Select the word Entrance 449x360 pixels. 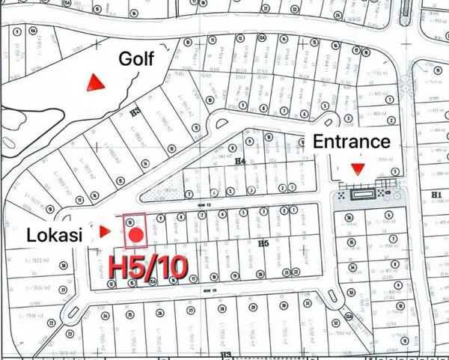coord(351,141)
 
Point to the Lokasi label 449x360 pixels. coord(55,233)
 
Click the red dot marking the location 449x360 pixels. coord(135,236)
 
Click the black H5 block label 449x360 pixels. coord(263,244)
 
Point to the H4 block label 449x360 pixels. coord(240,160)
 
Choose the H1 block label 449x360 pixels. coord(437,195)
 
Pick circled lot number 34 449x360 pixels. coord(349,259)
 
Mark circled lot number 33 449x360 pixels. coord(349,278)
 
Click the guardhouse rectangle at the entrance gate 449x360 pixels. coord(364,193)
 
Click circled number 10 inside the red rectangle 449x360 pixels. coord(131,222)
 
